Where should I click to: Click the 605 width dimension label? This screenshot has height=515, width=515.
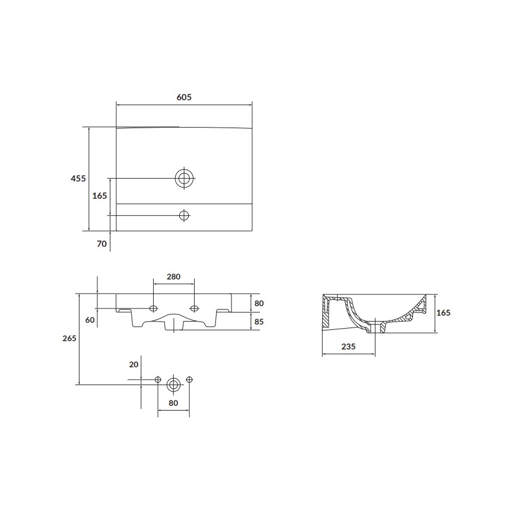(x=184, y=97)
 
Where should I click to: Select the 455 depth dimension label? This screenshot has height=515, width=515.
(x=78, y=178)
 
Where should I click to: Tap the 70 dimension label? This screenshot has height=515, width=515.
(x=101, y=243)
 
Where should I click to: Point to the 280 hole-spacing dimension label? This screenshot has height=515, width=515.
(x=173, y=276)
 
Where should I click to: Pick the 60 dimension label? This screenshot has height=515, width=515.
(x=90, y=320)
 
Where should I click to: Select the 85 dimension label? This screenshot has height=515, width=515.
(x=259, y=322)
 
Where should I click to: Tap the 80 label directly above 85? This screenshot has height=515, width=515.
(x=259, y=303)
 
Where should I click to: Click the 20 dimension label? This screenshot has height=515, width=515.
(x=133, y=364)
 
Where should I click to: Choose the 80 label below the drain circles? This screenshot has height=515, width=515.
(x=173, y=403)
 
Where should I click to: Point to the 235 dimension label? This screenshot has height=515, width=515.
(x=348, y=347)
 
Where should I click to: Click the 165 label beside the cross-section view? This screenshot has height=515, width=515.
(x=443, y=313)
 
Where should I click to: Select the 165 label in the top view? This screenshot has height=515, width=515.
(x=100, y=195)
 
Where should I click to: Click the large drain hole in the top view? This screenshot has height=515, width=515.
(x=184, y=177)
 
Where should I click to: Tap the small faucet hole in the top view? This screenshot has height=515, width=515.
(x=184, y=215)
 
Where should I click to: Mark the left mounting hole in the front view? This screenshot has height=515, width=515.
(x=154, y=308)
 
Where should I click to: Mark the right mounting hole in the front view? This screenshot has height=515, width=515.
(x=194, y=308)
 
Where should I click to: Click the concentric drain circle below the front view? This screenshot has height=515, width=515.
(x=173, y=384)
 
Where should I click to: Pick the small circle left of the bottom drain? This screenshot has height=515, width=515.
(x=158, y=380)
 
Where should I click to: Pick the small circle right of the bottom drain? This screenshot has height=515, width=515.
(x=189, y=380)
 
